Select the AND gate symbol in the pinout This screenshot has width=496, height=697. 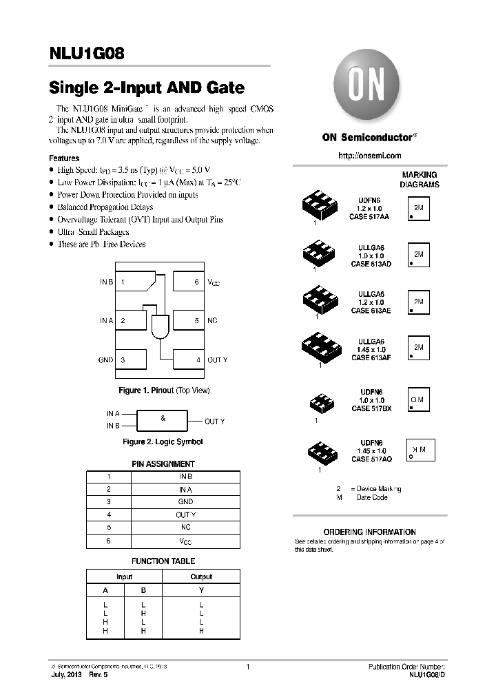(161, 327)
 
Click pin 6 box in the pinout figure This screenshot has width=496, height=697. (187, 282)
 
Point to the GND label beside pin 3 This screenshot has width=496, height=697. (106, 360)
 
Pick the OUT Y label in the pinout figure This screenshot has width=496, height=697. (218, 360)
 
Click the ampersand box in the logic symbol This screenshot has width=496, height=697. (163, 419)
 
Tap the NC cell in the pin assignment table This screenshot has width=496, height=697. (185, 527)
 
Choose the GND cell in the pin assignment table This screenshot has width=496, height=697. (185, 502)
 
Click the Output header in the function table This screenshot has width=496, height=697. (201, 576)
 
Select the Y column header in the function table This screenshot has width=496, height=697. (201, 590)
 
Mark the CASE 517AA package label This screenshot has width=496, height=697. (370, 217)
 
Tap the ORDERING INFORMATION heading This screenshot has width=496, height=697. (369, 532)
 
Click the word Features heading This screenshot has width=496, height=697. (64, 158)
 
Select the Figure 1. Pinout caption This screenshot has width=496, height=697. (164, 391)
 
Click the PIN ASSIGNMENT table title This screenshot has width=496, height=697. (163, 464)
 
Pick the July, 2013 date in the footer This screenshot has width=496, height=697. (67, 676)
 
